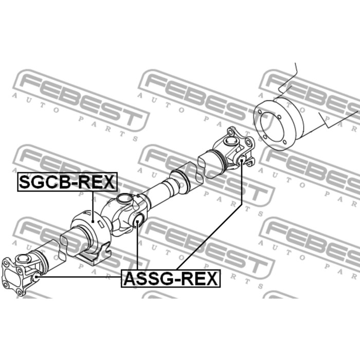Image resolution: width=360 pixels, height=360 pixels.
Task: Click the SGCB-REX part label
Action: [x=67, y=182]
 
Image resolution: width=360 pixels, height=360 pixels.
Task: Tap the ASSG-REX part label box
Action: [x=171, y=279]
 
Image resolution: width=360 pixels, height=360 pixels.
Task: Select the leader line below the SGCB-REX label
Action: [x=93, y=207]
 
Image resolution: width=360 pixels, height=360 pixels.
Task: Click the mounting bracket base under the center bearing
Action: [x=95, y=255]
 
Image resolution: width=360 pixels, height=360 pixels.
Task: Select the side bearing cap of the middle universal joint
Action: [x=137, y=221]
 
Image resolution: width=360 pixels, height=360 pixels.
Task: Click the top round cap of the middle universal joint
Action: [x=124, y=198]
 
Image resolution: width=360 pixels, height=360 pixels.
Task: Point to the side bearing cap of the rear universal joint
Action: [x=241, y=160]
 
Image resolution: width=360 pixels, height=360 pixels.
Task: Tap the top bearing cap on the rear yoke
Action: [x=230, y=140]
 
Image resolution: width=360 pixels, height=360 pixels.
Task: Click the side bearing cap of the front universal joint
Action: [x=36, y=277]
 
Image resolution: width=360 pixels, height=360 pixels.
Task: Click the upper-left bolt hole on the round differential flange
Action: [x=260, y=112]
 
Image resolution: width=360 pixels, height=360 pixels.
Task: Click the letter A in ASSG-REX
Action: [x=130, y=279]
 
